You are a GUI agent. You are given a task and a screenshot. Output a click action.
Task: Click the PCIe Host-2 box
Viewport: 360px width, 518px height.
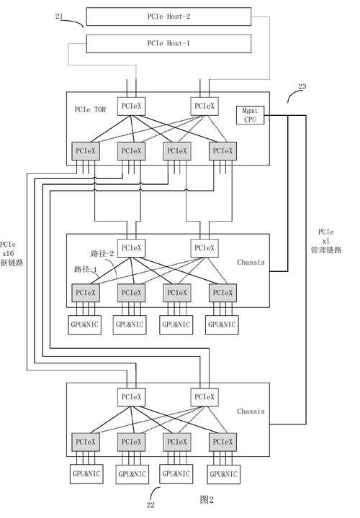coord(168,16)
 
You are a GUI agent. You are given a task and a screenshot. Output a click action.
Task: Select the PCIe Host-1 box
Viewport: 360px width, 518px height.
coord(168,44)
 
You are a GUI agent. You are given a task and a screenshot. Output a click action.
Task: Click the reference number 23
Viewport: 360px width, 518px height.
coord(301,86)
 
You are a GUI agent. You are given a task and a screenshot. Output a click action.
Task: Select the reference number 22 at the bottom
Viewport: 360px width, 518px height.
coord(150,505)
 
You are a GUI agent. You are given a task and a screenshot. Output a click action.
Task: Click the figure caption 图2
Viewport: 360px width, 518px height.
coord(207,499)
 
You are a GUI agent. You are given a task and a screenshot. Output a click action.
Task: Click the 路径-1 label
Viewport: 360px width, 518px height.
coord(86,268)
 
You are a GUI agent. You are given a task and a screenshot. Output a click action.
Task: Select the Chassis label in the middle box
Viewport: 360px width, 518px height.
coord(251,263)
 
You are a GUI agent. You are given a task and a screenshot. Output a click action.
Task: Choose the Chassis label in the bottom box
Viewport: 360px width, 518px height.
coord(251,412)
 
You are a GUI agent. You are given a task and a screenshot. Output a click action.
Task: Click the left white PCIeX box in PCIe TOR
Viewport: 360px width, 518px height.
coord(131,106)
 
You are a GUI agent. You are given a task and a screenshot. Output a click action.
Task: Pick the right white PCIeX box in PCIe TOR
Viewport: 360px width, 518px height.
coord(204,106)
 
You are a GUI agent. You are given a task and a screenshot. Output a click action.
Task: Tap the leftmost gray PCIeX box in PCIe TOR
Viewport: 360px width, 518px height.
coord(85,151)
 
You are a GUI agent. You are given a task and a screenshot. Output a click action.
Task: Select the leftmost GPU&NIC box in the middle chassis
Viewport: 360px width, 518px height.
coord(85,324)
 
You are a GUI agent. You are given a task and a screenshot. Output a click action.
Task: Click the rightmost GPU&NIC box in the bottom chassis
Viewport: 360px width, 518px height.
coord(224,474)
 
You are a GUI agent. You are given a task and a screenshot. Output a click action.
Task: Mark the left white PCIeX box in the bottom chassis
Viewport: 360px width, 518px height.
coord(131,396)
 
